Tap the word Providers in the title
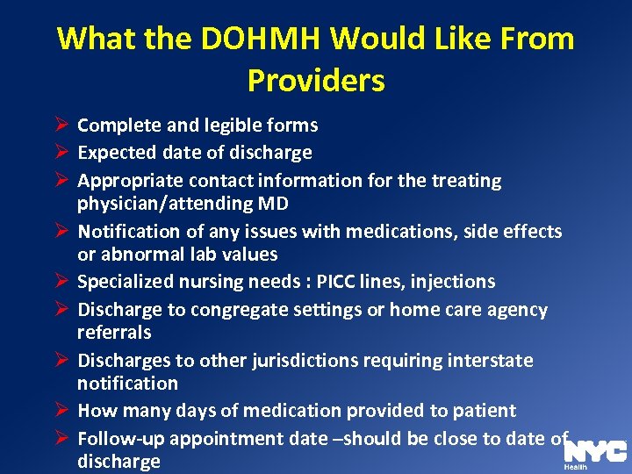(316, 81)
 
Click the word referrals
(114, 333)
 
